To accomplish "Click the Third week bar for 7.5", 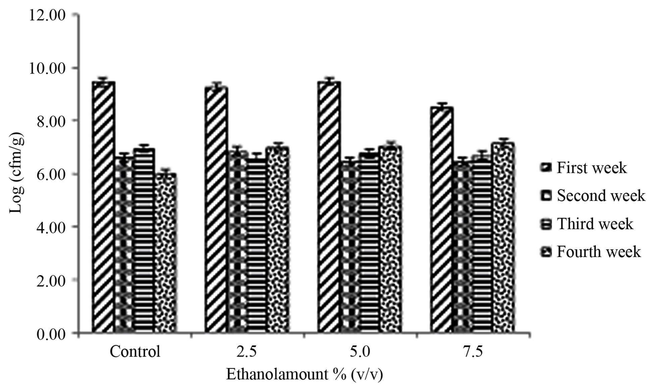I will [x=482, y=245].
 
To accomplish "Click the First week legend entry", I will [x=583, y=167].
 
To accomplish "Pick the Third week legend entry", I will [x=587, y=224].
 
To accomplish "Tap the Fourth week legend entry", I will [x=590, y=252].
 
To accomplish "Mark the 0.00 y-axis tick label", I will [x=50, y=334].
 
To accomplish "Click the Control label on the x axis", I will [x=135, y=352].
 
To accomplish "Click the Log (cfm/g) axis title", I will [x=17, y=175].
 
